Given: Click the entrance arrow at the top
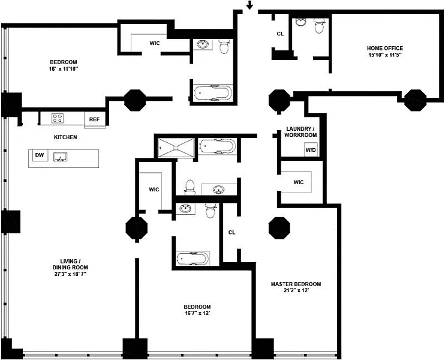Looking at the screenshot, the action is pyautogui.click(x=249, y=5).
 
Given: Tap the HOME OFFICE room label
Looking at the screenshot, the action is pyautogui.click(x=385, y=48).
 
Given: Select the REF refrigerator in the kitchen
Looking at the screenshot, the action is pyautogui.click(x=94, y=119).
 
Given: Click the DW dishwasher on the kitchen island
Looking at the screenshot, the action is pyautogui.click(x=40, y=155).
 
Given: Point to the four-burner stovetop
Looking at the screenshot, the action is pyautogui.click(x=58, y=118).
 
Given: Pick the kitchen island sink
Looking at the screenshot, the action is pyautogui.click(x=61, y=157).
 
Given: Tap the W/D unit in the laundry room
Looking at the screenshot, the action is pyautogui.click(x=311, y=150).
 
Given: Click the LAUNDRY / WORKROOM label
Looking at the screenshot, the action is pyautogui.click(x=300, y=132).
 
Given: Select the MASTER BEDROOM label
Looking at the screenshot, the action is pyautogui.click(x=296, y=284).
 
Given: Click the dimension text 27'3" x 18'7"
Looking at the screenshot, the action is pyautogui.click(x=70, y=274).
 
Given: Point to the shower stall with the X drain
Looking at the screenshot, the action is pyautogui.click(x=176, y=148).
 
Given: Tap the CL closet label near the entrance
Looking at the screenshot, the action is pyautogui.click(x=280, y=34).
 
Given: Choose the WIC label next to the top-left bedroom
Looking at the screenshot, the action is pyautogui.click(x=155, y=43).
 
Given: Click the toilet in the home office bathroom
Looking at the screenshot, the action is pyautogui.click(x=319, y=26).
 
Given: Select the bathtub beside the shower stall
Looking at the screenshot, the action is pyautogui.click(x=217, y=146).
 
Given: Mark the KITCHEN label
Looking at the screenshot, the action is pyautogui.click(x=65, y=137).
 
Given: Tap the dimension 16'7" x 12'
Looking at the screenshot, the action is pyautogui.click(x=197, y=313).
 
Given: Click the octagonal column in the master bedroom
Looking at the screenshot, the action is pyautogui.click(x=279, y=228).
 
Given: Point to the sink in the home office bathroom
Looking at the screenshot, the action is pyautogui.click(x=301, y=22).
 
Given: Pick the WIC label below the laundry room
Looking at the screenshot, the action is pyautogui.click(x=299, y=182).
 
